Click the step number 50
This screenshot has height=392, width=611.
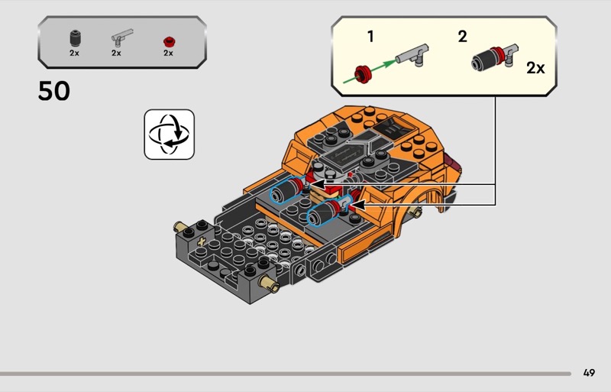point(53,92)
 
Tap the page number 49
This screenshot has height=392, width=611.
point(588,373)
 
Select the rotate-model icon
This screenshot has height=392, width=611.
point(169,134)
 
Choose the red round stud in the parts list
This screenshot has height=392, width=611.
point(168,40)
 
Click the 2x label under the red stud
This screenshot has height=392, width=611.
point(168,53)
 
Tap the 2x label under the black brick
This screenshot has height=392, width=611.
point(74,53)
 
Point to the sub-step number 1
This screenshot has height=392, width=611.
point(370,36)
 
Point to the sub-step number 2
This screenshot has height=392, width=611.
point(462,36)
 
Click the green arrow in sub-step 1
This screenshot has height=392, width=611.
point(385,64)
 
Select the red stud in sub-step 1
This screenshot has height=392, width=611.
point(361,74)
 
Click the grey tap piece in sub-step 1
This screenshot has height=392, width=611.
point(415,56)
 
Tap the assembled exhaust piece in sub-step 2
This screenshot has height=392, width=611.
point(493,58)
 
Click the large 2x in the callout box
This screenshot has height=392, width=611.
point(535,68)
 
